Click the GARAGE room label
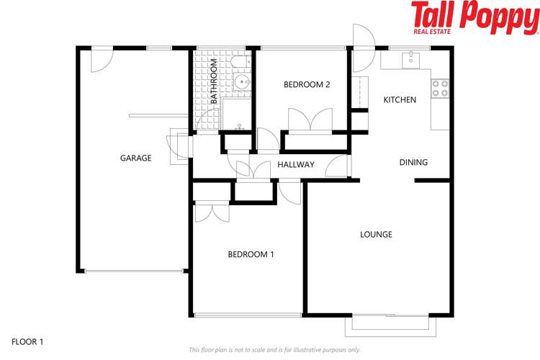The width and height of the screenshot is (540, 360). pos(135,158)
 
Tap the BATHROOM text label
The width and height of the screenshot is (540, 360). pos(214,82)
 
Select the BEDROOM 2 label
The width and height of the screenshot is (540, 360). pos(307,84)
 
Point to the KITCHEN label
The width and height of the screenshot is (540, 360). pos(400,99)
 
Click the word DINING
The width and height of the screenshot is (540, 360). pos(413,162)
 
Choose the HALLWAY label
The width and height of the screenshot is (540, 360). pos(296,165)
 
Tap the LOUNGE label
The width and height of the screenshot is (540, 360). pos(376,234)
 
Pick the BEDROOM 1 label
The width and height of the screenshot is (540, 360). pos(251,254)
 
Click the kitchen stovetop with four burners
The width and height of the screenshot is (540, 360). pos(440,88)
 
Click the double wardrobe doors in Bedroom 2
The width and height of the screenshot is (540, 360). pos(310,119)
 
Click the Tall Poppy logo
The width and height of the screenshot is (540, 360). pos(474,17)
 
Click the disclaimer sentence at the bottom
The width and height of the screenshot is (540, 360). pos(274,350)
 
